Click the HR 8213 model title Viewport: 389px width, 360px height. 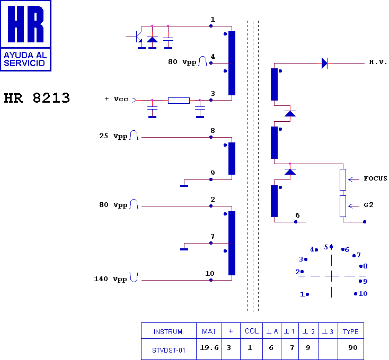coord(37,98)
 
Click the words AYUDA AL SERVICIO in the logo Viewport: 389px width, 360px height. coord(25,59)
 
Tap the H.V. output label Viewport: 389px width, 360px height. coord(378,62)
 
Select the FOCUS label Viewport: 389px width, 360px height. coord(375,178)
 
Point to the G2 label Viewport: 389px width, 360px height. coord(369,205)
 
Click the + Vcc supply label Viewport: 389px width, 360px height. coord(117,99)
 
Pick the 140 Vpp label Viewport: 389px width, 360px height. coord(110,279)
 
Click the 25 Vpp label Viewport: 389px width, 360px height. coord(113,136)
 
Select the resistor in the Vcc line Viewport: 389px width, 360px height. coord(179,101)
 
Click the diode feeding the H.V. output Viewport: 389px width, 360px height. coord(324,63)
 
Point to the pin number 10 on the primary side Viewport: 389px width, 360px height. coord(210,274)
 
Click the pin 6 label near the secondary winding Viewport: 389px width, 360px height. coord(297,215)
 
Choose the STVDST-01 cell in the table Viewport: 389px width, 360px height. coord(169,350)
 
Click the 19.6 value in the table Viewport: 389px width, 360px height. coord(209,348)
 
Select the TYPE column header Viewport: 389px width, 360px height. coord(350,331)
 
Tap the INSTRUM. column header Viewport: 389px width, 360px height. coord(169,331)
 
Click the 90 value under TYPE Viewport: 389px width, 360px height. coord(353,348)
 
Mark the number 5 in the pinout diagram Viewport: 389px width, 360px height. coord(326,247)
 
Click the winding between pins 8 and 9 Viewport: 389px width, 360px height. coord(232,159)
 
